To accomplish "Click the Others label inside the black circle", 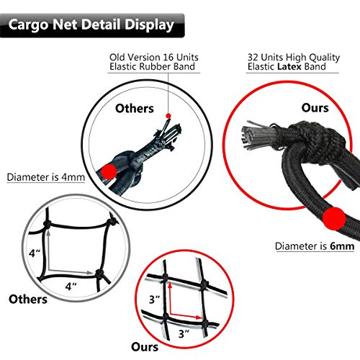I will pyautogui.click(x=135, y=108).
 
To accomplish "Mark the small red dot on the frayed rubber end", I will pyautogui.click(x=168, y=115).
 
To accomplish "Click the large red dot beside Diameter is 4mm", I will pyautogui.click(x=108, y=171).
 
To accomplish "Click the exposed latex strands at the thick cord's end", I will pyautogui.click(x=252, y=137).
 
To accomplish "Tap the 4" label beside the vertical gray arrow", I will pyautogui.click(x=33, y=253).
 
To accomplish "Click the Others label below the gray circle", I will pyautogui.click(x=29, y=298).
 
